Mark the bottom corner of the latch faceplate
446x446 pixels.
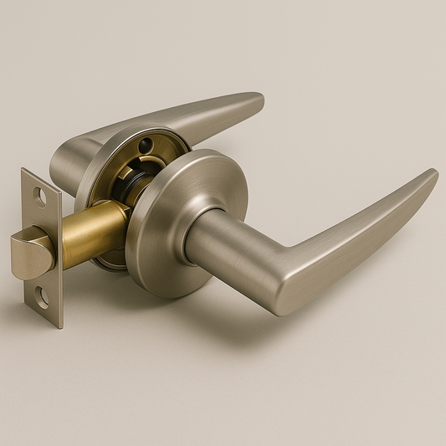pyautogui.click(x=61, y=326)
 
